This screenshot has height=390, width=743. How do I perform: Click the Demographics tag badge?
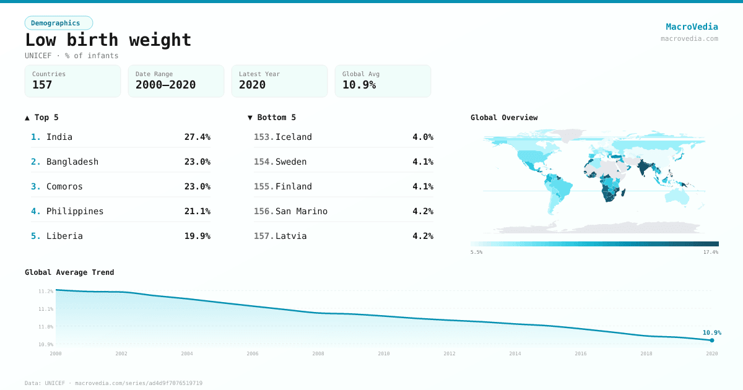point(58,23)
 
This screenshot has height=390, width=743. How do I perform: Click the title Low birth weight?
point(108,40)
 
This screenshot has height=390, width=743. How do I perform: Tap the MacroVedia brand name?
point(692,27)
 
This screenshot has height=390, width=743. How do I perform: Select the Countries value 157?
point(42,85)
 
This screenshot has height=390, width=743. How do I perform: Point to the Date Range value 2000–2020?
point(165,85)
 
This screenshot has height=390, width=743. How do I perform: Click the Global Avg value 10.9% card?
point(383,81)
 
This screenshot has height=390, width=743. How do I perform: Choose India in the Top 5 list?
point(59,137)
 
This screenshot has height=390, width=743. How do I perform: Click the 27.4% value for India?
point(197,137)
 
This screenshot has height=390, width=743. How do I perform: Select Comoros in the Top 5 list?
point(64,186)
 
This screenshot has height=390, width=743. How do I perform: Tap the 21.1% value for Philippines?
point(197,211)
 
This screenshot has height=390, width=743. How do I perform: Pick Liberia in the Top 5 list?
point(64,236)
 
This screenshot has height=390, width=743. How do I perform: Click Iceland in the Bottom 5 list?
point(293,137)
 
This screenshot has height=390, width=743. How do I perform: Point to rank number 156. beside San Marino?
point(263,211)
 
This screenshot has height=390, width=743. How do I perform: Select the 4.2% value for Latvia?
point(423,236)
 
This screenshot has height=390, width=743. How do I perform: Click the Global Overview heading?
point(504,118)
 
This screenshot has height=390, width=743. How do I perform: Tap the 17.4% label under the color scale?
point(710,253)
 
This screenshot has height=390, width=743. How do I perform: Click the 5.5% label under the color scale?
point(476,253)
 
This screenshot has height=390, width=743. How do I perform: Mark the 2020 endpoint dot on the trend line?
point(712,340)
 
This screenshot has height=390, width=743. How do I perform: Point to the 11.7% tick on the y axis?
point(46,291)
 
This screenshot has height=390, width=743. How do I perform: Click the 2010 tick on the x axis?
point(384,353)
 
